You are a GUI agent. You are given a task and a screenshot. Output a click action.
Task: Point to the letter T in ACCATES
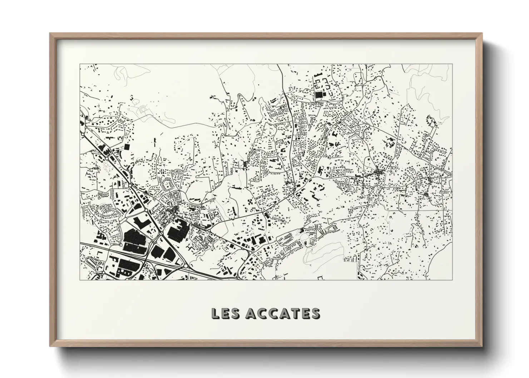coord(295,313)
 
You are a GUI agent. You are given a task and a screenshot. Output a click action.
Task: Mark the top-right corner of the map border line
coord(452,64)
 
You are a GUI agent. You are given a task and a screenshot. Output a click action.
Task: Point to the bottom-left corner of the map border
coord(80,280)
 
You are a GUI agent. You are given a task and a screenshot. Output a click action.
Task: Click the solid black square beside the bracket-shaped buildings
coord(318,95)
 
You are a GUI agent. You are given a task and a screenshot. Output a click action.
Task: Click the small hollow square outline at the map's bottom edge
coord(320,278)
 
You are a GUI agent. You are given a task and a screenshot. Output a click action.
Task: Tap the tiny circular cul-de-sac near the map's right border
coord(443,152)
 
